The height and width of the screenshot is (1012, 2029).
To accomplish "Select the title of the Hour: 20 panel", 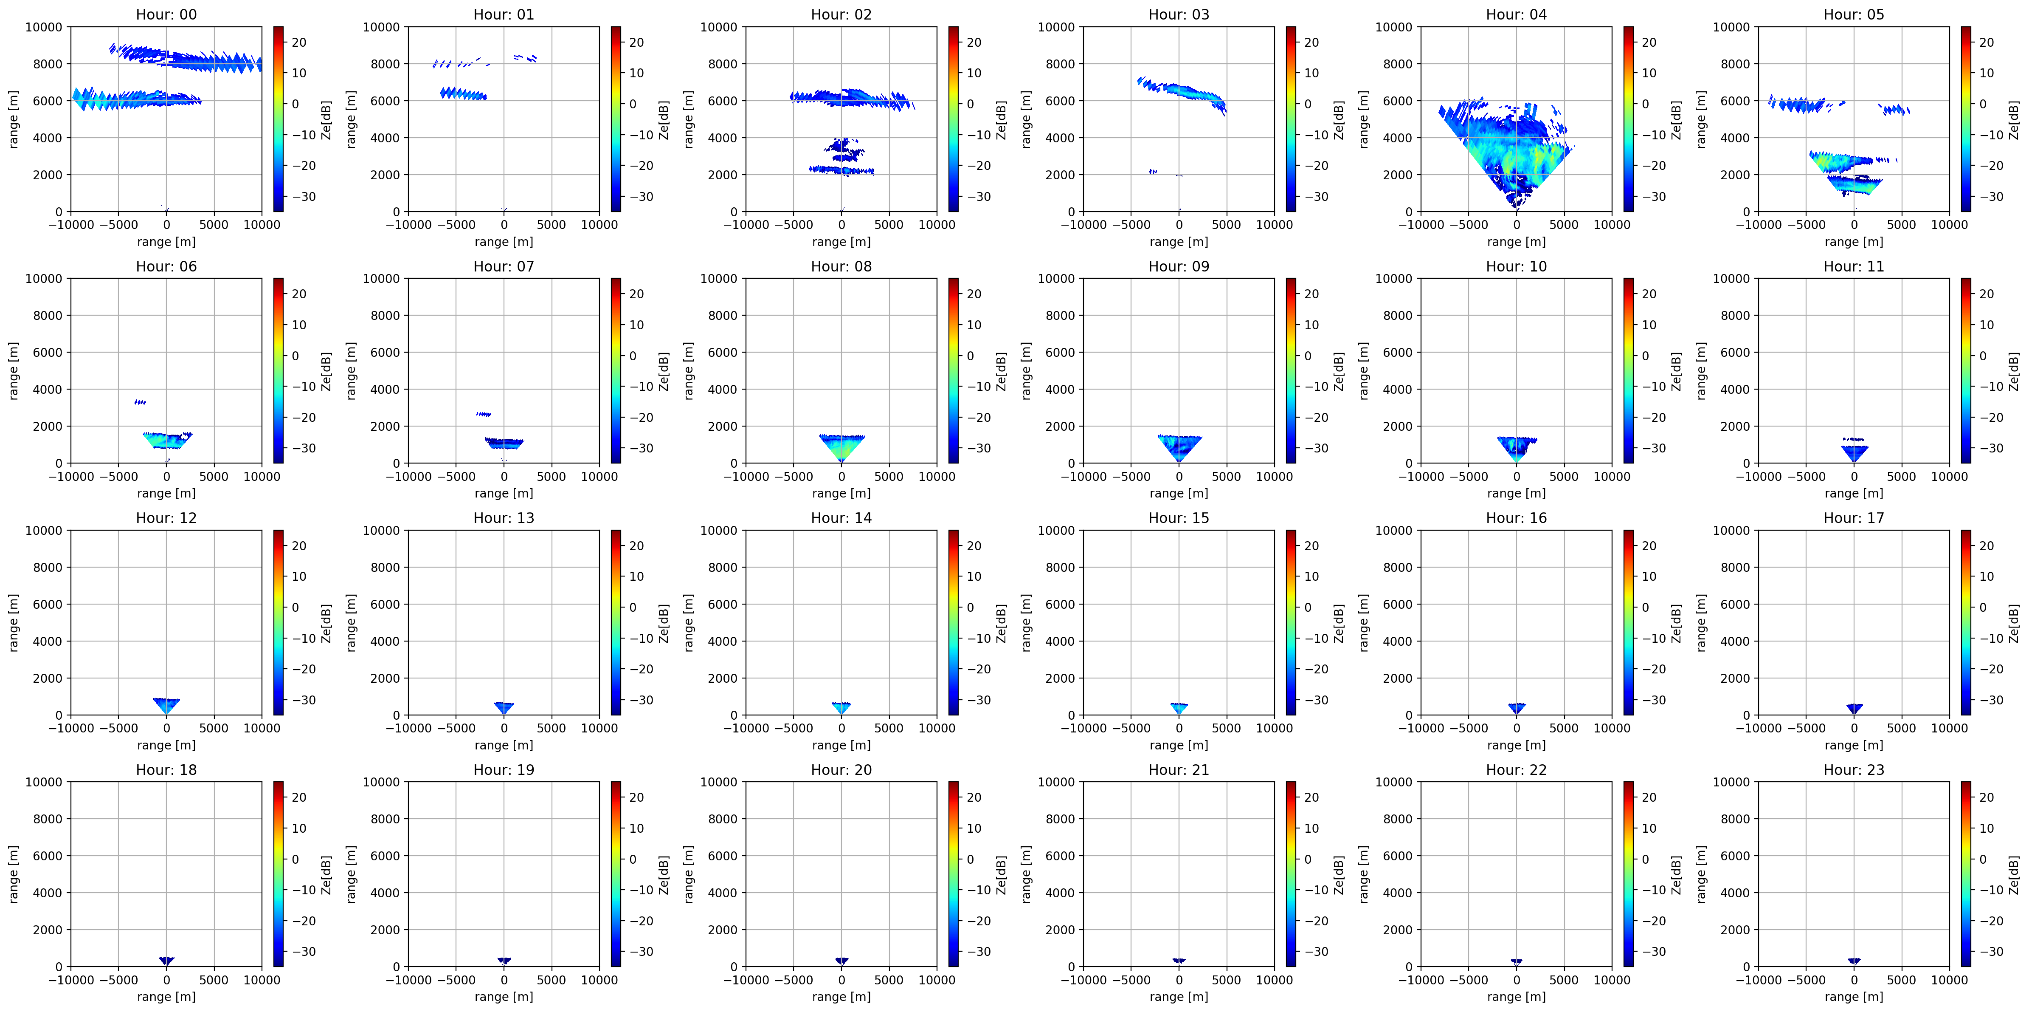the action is (x=841, y=769).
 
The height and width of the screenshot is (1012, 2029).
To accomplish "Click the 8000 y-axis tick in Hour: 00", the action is (x=47, y=64).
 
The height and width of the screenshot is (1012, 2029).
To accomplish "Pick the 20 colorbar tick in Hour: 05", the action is (x=1987, y=42).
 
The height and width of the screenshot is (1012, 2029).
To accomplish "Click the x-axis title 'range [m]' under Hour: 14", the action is (x=841, y=745).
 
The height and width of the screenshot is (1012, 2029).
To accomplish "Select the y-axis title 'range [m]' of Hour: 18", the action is (x=14, y=874).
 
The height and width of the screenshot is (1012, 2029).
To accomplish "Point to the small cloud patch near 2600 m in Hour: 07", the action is (x=484, y=414).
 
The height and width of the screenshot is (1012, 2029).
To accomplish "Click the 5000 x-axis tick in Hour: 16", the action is (x=1564, y=728).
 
